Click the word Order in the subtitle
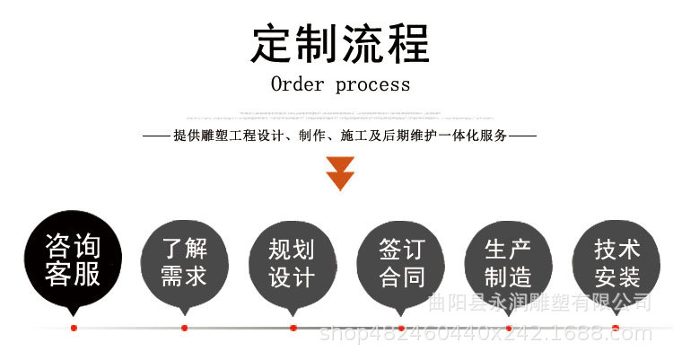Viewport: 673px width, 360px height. point(298,84)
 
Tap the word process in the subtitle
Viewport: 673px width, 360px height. point(372,85)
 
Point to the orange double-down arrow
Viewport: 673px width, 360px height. point(341,172)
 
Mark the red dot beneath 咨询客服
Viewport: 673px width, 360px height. point(74,328)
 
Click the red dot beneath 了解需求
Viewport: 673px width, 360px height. point(184,328)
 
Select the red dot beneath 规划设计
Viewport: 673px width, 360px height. point(293,328)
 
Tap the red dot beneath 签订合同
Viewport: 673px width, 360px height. point(401,328)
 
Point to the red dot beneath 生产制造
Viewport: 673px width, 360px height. point(509,328)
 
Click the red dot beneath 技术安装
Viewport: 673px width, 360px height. point(616,328)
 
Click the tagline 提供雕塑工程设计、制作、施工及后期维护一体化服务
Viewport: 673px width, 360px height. point(341,136)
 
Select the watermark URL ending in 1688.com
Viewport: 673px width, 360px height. point(485,336)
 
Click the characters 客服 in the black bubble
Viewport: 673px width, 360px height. point(73,274)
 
